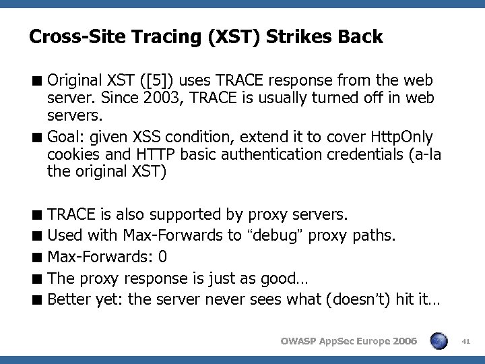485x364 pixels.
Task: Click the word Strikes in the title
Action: coord(296,36)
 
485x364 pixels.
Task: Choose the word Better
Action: coord(71,299)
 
